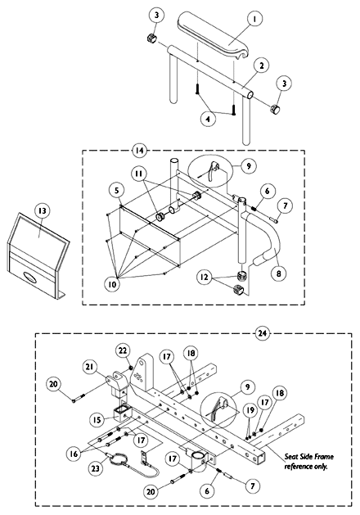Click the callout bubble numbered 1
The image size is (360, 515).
(x=254, y=19)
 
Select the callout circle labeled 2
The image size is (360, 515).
(x=262, y=66)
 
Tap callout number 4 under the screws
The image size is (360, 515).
(x=208, y=119)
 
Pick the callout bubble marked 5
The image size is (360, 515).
(x=117, y=190)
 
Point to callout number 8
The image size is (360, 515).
(x=278, y=273)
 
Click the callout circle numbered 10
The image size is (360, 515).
(x=112, y=284)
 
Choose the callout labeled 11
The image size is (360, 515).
(x=140, y=173)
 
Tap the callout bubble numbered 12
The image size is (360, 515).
(x=204, y=278)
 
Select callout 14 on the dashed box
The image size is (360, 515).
(x=139, y=151)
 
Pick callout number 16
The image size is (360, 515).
(x=74, y=454)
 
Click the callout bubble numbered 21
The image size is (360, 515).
(x=90, y=367)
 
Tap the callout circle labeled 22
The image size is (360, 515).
(x=123, y=350)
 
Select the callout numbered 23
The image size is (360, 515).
(x=95, y=468)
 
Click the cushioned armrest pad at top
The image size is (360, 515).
(x=214, y=35)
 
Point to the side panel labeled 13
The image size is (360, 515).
(x=37, y=256)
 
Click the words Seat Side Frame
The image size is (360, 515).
(x=308, y=457)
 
